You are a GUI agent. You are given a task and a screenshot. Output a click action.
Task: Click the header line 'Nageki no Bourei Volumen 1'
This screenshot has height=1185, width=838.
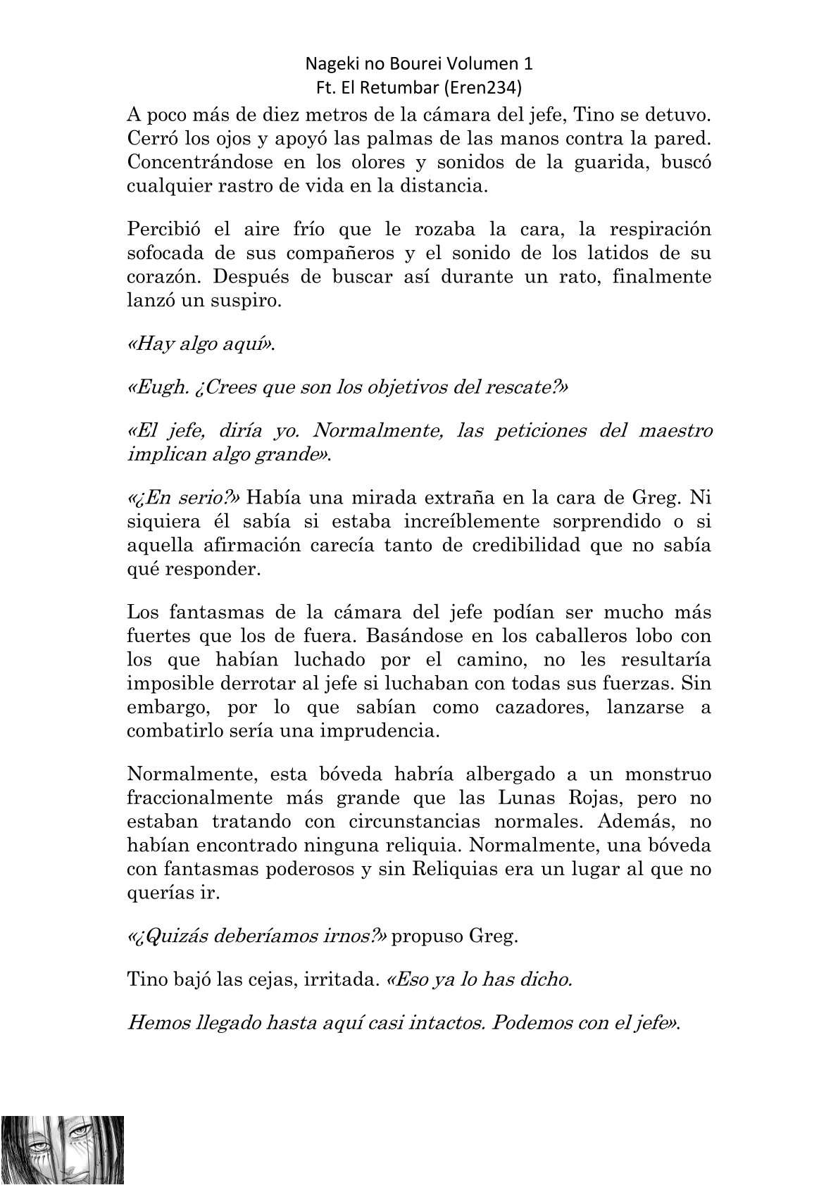point(419,63)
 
